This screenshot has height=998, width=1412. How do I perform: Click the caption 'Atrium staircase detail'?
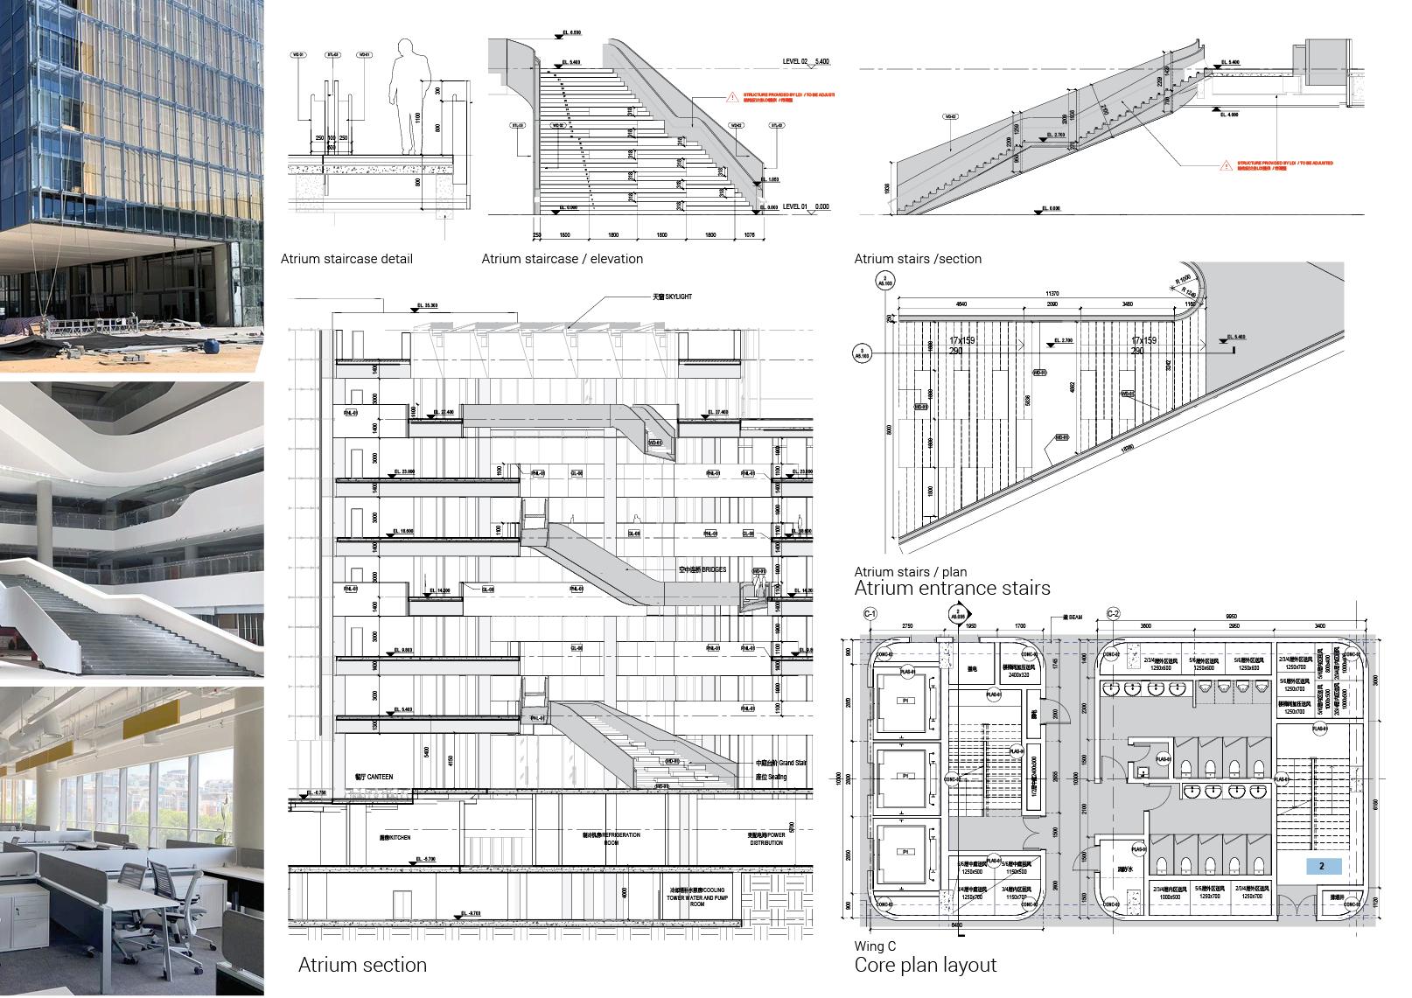point(346,259)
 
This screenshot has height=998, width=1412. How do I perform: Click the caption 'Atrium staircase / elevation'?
point(562,259)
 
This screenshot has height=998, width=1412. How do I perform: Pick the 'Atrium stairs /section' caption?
point(918,259)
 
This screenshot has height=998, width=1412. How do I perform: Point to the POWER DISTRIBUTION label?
point(766,838)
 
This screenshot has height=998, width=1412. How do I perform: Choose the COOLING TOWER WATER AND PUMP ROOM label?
point(697,897)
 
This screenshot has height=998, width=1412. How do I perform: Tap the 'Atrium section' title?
point(362,965)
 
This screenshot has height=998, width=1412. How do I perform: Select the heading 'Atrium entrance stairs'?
point(952,588)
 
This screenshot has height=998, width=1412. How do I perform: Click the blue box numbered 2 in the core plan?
point(1322,867)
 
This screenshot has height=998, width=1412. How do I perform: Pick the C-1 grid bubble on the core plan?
point(870,613)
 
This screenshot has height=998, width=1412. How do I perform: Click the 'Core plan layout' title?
point(925,965)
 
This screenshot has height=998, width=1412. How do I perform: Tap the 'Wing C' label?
point(875,946)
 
